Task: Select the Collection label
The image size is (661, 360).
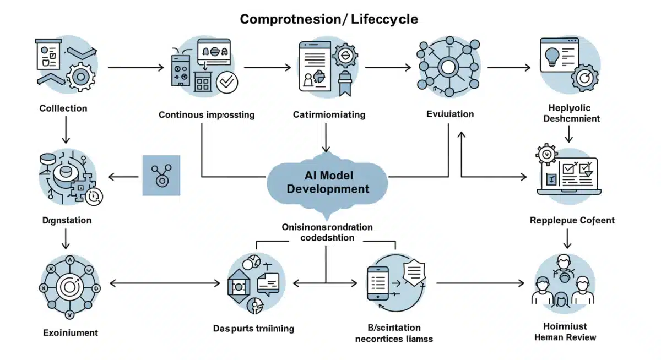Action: (63, 108)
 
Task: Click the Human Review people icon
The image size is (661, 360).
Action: (565, 281)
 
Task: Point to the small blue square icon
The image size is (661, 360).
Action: (161, 175)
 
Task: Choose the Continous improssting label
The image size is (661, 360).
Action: (207, 115)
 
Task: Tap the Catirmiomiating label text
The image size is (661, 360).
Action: (329, 115)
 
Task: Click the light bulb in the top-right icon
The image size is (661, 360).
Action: (552, 57)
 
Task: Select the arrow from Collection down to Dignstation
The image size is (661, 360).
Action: (66, 130)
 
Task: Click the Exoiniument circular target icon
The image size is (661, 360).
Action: (69, 286)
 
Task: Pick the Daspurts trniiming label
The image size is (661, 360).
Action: (253, 329)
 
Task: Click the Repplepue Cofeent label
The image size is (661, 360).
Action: (572, 221)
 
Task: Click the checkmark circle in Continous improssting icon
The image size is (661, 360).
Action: (227, 83)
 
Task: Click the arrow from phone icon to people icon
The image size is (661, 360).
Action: (479, 283)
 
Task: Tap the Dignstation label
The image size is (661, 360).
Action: (67, 220)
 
